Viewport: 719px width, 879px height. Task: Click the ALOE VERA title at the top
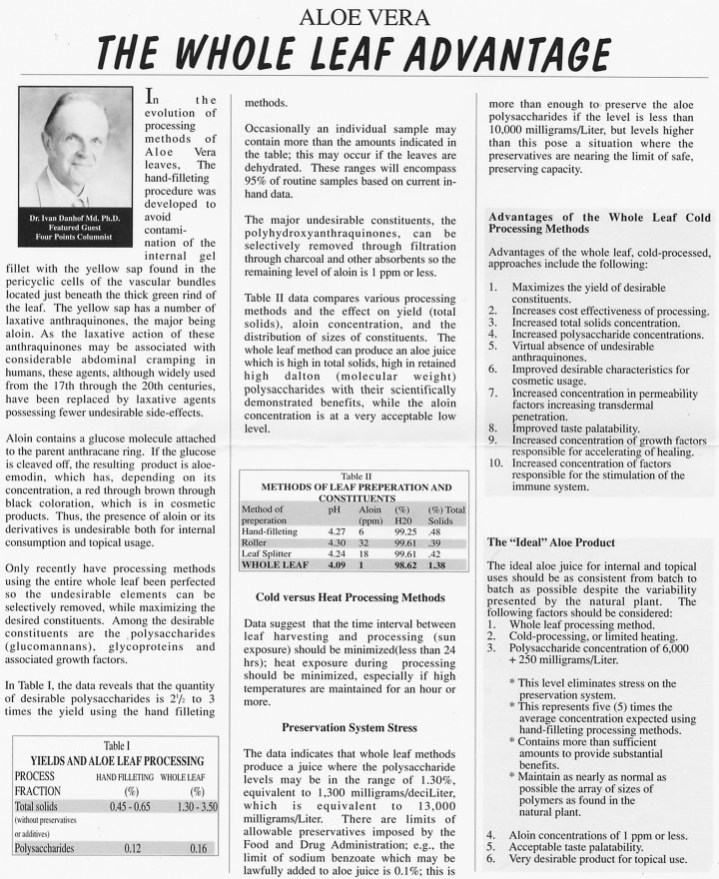(x=360, y=17)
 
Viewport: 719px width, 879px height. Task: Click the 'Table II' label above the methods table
(x=357, y=477)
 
